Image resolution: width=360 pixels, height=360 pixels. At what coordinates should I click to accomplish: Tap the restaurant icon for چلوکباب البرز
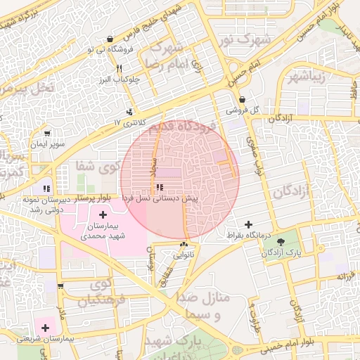click(120, 68)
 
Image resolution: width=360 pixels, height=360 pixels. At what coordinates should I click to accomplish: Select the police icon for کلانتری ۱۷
click(129, 112)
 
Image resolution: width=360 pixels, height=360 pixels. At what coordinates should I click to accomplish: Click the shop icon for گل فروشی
click(242, 100)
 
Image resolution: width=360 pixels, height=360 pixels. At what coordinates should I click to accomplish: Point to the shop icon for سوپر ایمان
click(47, 133)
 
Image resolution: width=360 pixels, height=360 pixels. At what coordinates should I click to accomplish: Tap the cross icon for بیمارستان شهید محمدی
click(103, 214)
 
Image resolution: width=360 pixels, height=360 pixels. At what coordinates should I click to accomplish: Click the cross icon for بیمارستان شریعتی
click(46, 327)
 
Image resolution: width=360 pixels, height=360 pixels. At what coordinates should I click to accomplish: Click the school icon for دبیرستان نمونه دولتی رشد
click(46, 188)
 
